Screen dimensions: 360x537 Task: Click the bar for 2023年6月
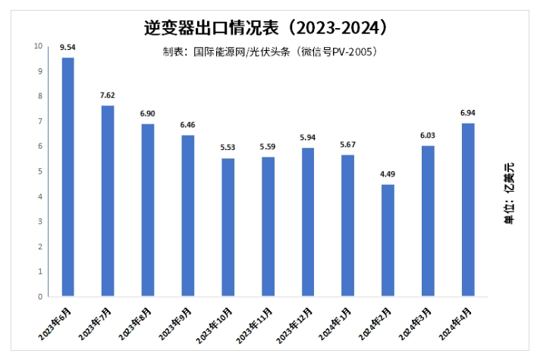pos(68,177)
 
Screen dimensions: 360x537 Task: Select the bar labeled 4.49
pos(388,240)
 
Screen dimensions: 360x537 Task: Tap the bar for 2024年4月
pos(468,209)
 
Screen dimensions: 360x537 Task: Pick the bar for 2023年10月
pos(228,227)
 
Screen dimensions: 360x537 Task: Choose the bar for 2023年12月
pos(308,222)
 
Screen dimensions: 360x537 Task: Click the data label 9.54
pos(68,48)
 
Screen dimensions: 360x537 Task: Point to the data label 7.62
pos(108,96)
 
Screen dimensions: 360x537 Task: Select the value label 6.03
pos(428,136)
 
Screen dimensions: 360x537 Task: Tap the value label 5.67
pos(347,146)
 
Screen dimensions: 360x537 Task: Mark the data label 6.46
pos(187,126)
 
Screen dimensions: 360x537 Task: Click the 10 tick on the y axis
pos(38,46)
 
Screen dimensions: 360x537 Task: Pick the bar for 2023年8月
pos(148,210)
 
